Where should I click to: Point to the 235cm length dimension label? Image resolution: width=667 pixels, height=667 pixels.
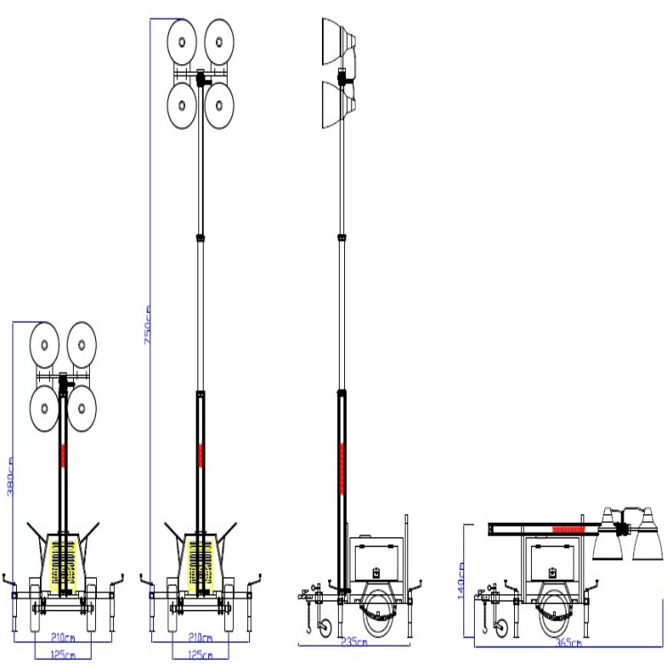tap(356, 640)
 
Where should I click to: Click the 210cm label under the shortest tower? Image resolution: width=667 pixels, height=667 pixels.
tap(62, 639)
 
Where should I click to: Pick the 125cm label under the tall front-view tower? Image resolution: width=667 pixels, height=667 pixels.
tap(201, 655)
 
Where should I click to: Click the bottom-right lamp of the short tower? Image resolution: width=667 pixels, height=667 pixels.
tap(81, 408)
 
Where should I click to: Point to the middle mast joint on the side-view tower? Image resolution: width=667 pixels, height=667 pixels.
tap(342, 237)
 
